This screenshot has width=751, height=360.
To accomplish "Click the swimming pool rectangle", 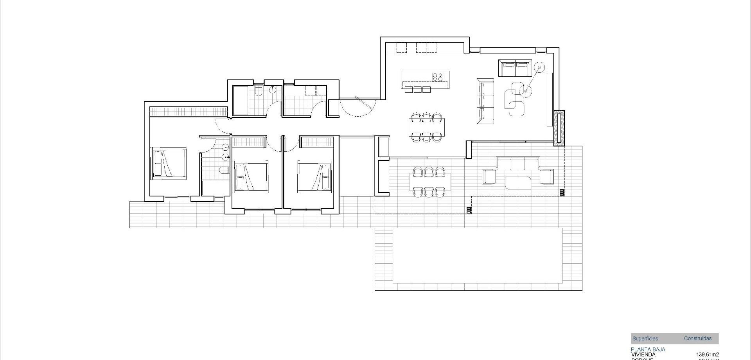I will (x=478, y=256).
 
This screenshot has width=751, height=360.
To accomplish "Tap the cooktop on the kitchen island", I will (x=438, y=77).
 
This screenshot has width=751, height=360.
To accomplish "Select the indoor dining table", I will (x=426, y=127).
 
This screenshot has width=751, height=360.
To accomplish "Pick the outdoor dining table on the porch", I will (x=429, y=182).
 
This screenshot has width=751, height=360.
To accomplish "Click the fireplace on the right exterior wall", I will (x=559, y=128).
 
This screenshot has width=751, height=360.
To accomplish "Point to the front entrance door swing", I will (x=357, y=107).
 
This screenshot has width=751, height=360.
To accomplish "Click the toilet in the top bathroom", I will (x=258, y=91).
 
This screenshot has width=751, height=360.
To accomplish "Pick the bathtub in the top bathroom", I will (x=241, y=100).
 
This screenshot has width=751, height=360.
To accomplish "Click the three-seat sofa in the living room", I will (x=485, y=101).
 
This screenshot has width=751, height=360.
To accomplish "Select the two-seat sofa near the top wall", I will (x=515, y=68).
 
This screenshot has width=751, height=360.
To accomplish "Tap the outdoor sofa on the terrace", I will (x=518, y=164).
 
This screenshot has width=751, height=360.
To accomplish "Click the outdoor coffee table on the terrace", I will (x=518, y=183).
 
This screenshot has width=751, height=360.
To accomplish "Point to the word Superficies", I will (x=645, y=339).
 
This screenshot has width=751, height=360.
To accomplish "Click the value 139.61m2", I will (x=708, y=355).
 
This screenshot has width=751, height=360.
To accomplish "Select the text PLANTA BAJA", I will (x=648, y=349).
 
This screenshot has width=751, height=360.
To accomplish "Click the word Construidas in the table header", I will (x=697, y=338).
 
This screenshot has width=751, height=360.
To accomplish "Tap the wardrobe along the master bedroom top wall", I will (x=188, y=112).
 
